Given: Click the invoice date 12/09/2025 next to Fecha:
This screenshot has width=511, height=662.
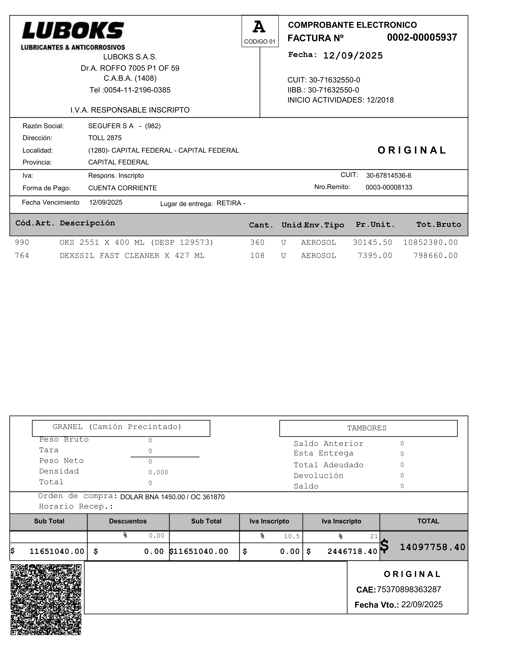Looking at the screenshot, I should (x=353, y=56).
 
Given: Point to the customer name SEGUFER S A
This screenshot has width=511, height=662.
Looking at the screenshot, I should (x=111, y=126).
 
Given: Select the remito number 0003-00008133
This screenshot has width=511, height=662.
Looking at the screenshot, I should (x=389, y=187).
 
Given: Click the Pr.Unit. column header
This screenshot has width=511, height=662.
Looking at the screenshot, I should (x=375, y=225).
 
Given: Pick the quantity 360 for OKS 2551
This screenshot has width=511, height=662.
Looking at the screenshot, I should (x=257, y=243).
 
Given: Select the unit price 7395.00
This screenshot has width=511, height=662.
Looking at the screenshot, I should (x=375, y=256).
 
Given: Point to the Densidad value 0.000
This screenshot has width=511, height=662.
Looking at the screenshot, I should (x=158, y=472).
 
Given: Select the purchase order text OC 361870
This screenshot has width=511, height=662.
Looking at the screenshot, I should (x=208, y=497).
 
